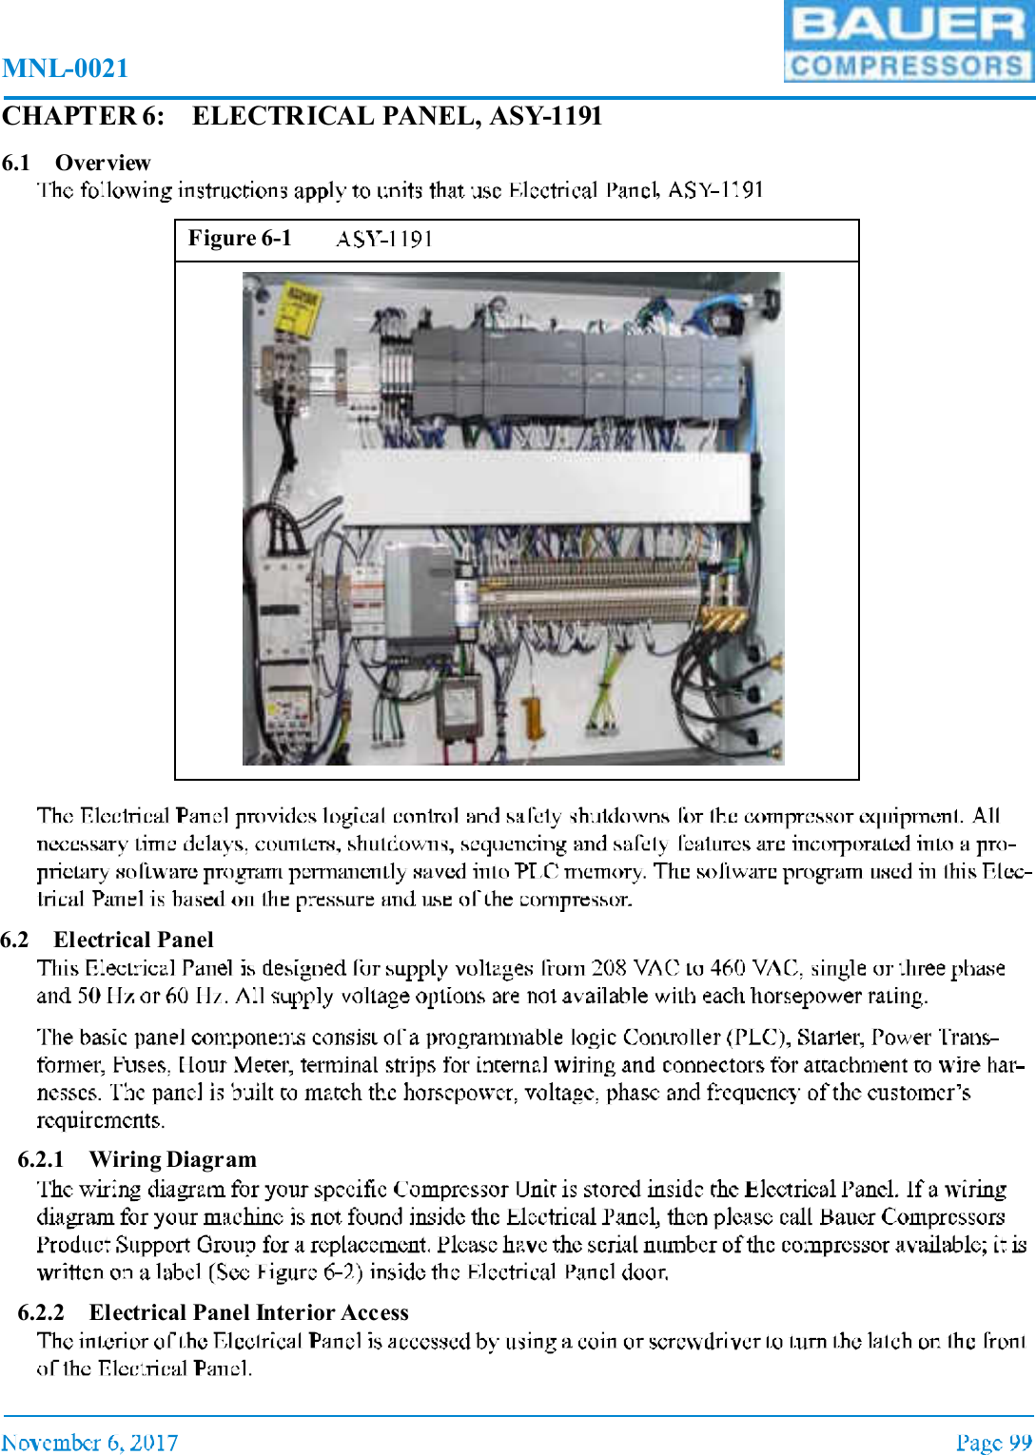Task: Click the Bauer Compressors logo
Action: (908, 42)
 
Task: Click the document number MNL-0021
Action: (65, 68)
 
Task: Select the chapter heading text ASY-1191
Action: (545, 116)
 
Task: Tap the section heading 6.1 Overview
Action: (76, 163)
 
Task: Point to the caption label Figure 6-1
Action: (240, 239)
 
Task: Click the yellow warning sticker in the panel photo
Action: (297, 311)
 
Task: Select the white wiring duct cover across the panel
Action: (545, 487)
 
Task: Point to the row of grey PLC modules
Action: (577, 375)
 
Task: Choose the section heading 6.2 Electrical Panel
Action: (107, 940)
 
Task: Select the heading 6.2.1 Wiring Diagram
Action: (137, 1159)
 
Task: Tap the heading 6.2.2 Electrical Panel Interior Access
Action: (213, 1312)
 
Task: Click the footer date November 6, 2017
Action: (89, 1443)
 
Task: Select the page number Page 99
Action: (993, 1443)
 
